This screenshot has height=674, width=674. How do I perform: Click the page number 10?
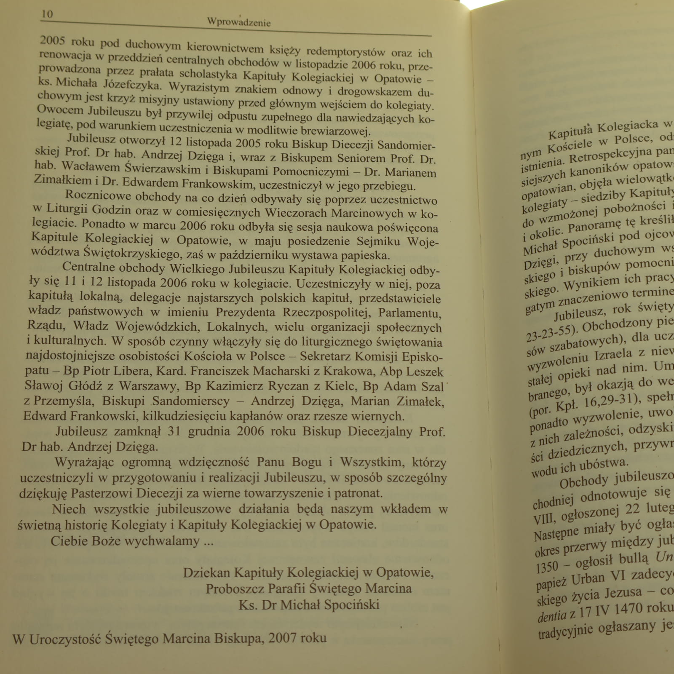[x=47, y=14]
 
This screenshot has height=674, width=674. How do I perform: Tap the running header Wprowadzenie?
[x=238, y=22]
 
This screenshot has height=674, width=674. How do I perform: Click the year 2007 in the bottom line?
[x=282, y=638]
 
